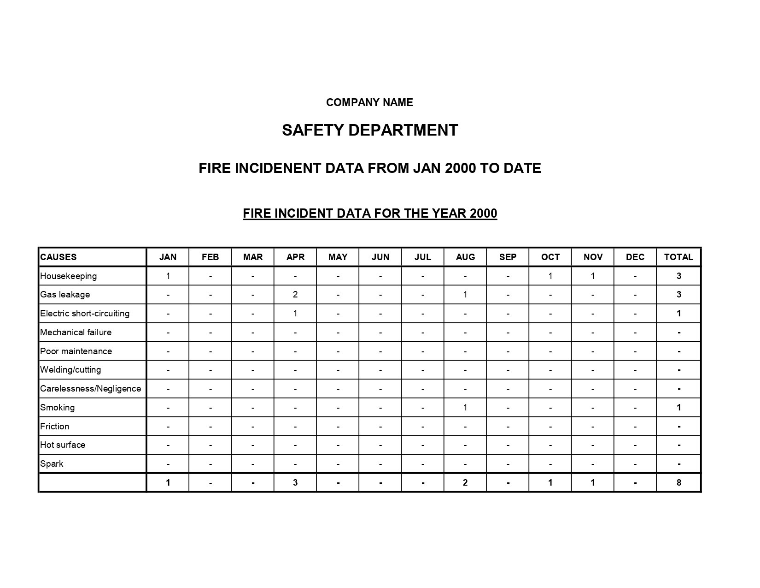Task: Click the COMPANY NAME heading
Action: (369, 102)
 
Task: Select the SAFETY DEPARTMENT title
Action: (370, 130)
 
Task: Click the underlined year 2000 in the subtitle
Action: (483, 214)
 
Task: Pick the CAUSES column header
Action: (58, 257)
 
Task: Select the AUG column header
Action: (465, 257)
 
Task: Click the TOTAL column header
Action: (678, 257)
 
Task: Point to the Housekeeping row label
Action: (68, 276)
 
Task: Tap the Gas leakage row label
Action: (65, 295)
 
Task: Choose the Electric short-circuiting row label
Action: (85, 314)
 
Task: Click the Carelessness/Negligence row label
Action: (90, 389)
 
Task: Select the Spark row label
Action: (52, 464)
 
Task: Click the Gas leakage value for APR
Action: (295, 295)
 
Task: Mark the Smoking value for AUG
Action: (465, 408)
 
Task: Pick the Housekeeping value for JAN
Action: (168, 276)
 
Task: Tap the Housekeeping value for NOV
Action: (593, 276)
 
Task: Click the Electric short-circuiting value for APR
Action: (295, 314)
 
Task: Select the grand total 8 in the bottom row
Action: (678, 483)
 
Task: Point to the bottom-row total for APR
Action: (295, 483)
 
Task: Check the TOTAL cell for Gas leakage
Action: (678, 295)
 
